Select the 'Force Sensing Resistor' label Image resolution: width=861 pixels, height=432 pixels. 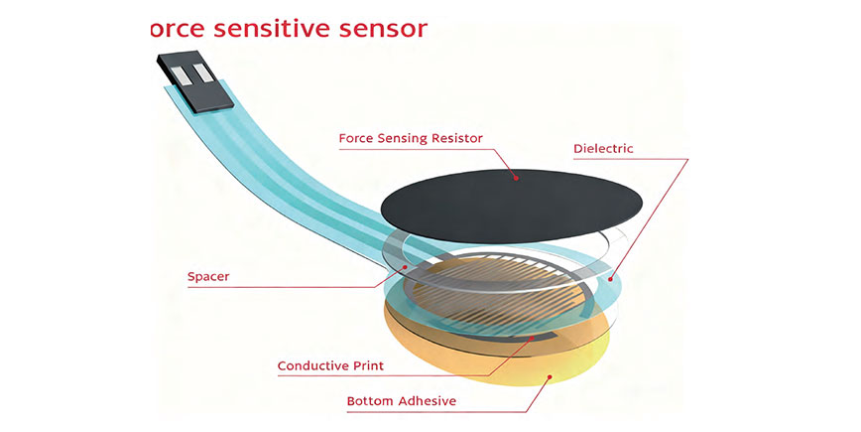point(411,138)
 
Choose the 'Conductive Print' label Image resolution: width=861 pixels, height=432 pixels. point(330,365)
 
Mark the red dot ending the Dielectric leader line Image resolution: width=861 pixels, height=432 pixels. point(612,278)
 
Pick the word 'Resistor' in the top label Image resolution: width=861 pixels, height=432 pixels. point(453,138)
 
